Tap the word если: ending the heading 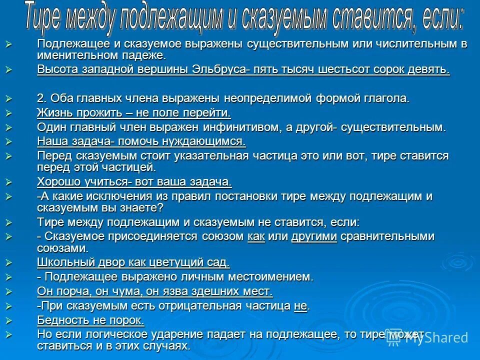point(439,18)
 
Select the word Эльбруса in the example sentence point(218,69)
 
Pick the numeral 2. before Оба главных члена point(42,98)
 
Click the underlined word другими point(314,236)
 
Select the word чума point(127,291)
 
